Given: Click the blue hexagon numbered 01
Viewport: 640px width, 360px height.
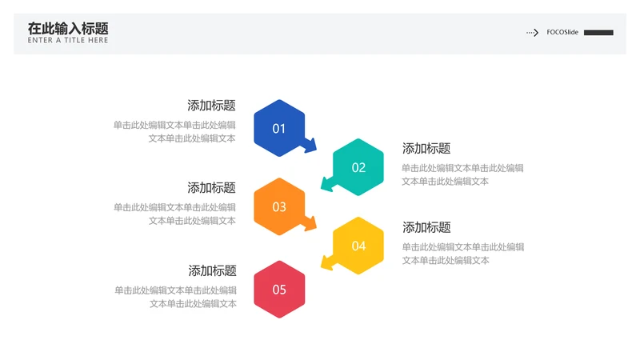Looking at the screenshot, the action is coord(279,128).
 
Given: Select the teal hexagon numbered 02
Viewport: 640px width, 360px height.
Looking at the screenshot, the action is coord(358,167).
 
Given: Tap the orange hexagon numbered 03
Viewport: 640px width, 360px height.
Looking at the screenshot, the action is coord(279,206).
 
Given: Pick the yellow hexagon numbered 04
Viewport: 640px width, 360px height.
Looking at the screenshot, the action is coord(358,246).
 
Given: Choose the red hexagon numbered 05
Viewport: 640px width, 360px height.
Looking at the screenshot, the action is coord(279,290).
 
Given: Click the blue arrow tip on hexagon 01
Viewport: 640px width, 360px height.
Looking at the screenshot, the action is coord(315,151).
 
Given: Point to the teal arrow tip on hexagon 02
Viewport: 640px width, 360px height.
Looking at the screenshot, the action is coord(322,190).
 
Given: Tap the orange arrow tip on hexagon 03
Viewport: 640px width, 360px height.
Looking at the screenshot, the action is coord(315,229).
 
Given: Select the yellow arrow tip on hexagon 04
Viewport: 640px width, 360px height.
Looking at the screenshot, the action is coord(322,268).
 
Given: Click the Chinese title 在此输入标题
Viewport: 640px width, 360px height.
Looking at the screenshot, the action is coord(68,29).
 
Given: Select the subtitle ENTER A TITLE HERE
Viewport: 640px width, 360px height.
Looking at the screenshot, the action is coord(68,40).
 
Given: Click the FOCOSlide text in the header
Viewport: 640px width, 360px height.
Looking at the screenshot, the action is coord(562,32).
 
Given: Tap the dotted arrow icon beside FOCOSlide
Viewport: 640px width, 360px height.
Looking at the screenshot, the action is coord(532,32).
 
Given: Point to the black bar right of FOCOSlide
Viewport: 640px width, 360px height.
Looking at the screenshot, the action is coord(598,33).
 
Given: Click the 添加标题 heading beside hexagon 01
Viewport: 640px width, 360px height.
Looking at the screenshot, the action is coord(211,106).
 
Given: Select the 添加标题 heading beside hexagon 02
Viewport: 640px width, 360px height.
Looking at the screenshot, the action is coord(426,148).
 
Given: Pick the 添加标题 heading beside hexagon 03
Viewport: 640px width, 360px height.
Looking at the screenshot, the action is coord(211,188).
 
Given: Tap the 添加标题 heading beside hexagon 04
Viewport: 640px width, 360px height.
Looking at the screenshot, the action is coord(426,227).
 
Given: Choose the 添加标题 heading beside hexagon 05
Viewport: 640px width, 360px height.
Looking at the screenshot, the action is coord(212,270).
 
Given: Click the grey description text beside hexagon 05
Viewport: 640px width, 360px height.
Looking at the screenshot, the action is coord(175,297).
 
